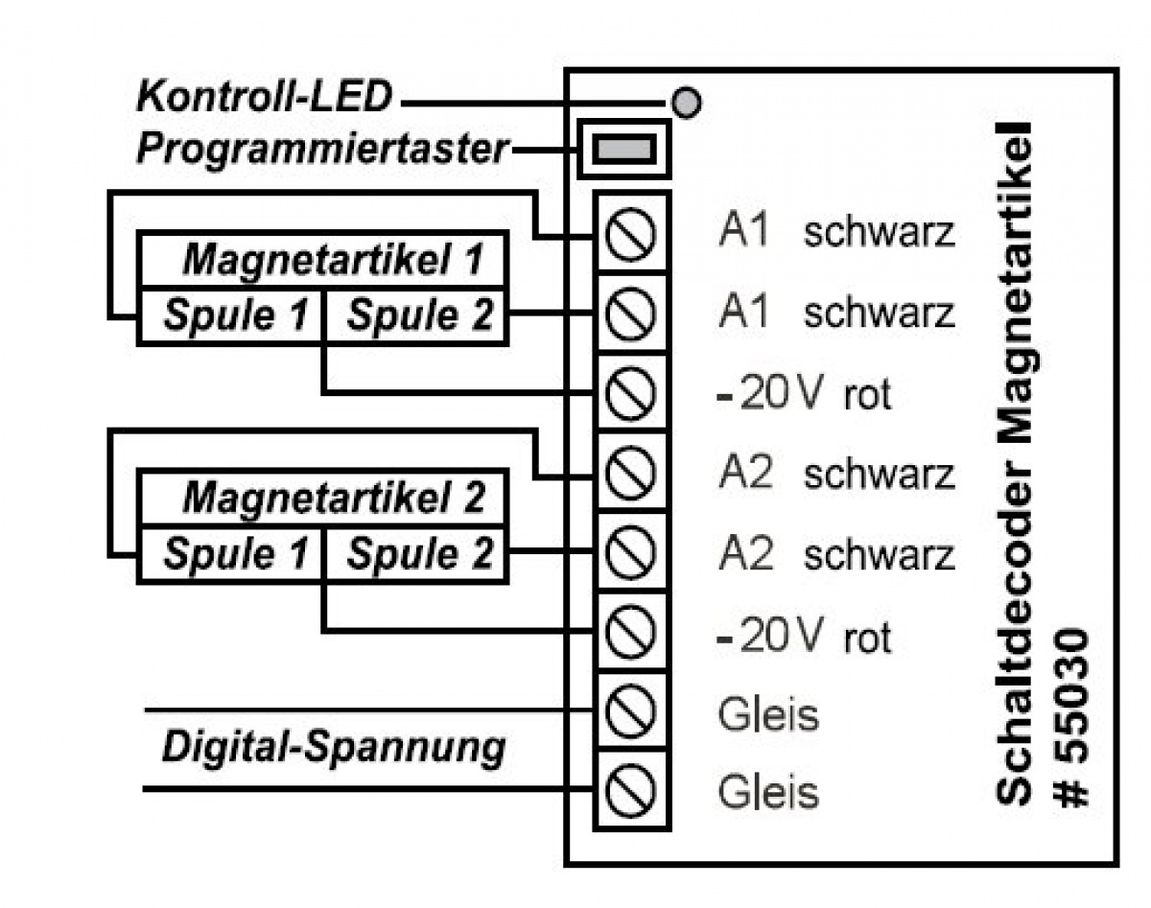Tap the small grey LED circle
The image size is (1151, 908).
[x=685, y=102]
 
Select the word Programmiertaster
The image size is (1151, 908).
[x=322, y=150]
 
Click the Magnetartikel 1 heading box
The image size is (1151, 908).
[x=323, y=259]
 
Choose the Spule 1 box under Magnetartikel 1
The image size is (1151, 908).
[x=232, y=315]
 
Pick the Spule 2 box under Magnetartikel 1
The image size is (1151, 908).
[x=417, y=315]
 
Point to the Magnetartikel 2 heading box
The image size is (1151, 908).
[x=323, y=498]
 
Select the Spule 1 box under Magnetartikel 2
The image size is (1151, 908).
[x=232, y=554]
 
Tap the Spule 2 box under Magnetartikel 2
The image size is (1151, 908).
[x=417, y=554]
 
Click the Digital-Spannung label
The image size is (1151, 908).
[x=333, y=748]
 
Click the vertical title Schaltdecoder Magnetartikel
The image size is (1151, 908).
[x=1015, y=460]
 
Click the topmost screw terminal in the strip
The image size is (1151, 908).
[x=632, y=235]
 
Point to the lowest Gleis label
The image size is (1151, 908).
[x=768, y=793]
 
